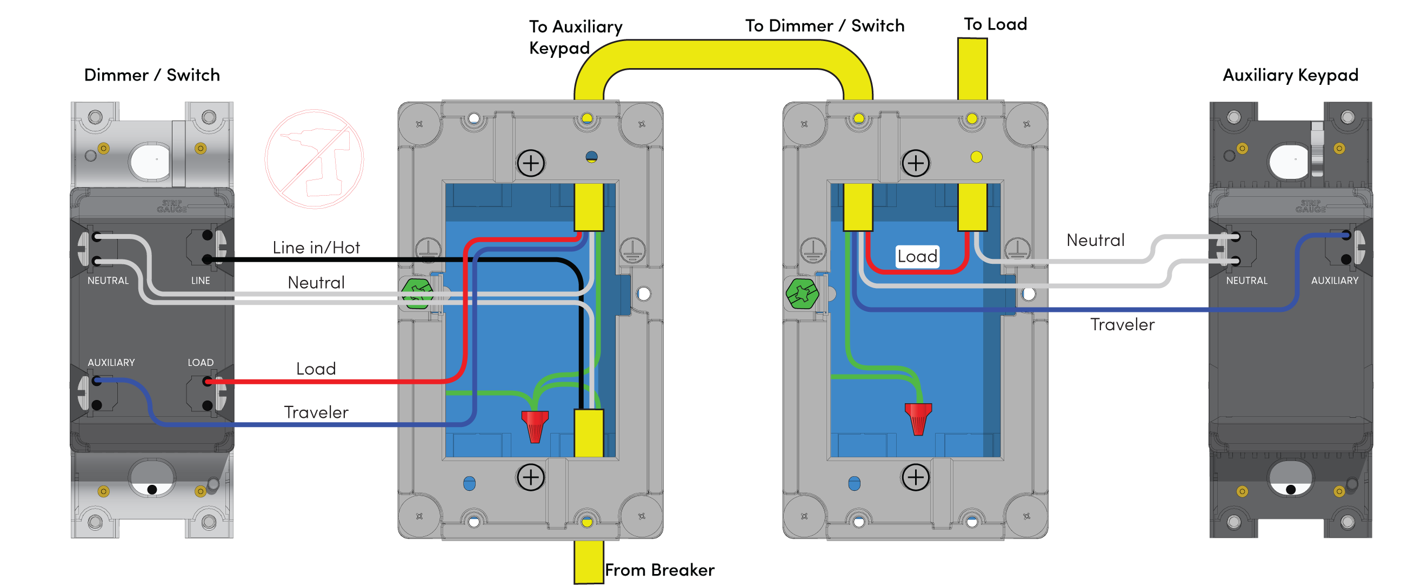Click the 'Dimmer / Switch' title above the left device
pos(152,75)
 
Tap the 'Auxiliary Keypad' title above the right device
pos(1290,75)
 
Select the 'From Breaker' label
pos(659,570)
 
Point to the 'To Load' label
pos(995,24)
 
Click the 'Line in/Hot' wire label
pos(316,248)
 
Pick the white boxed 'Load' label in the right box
pos(917,257)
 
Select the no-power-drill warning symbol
pos(315,159)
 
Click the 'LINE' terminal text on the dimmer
pos(200,281)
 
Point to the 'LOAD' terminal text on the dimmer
pos(200,363)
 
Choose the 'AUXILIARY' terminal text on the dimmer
pos(111,363)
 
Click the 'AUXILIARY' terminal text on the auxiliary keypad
pos(1335,281)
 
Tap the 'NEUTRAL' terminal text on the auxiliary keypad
pos(1246,281)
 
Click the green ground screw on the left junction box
pos(417,293)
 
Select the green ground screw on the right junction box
pos(802,293)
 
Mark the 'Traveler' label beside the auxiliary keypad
pos(1122,324)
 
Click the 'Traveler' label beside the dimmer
pos(316,412)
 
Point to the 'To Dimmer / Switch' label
pos(825,26)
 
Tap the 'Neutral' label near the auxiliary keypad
pos(1095,240)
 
